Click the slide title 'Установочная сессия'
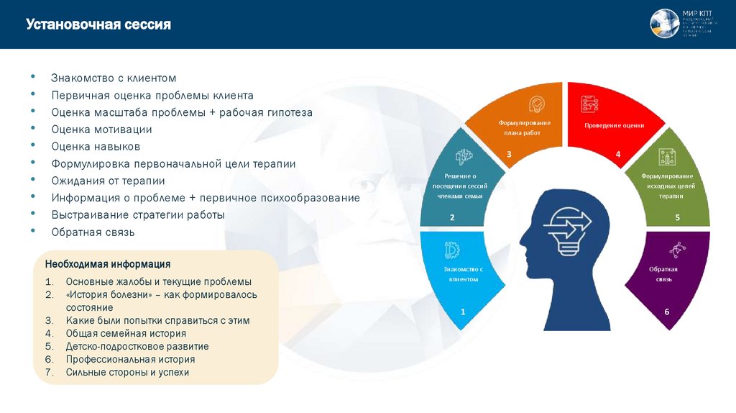(x=98, y=25)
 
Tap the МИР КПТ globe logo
(x=664, y=24)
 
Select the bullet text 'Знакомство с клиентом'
(x=114, y=78)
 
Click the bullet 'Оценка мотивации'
(x=101, y=130)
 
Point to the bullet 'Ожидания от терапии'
(x=108, y=181)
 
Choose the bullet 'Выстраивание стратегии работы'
(x=138, y=214)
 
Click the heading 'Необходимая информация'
(x=108, y=264)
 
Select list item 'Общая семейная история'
(x=126, y=333)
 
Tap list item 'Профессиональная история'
(x=130, y=359)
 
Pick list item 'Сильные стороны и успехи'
(x=127, y=372)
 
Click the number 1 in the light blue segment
(x=463, y=312)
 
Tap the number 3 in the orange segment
(x=509, y=154)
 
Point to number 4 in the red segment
(x=617, y=154)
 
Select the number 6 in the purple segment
(x=666, y=312)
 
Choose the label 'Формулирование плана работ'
(x=525, y=128)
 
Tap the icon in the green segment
(x=667, y=156)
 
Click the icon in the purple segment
(x=676, y=250)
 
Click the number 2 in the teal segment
(x=452, y=217)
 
